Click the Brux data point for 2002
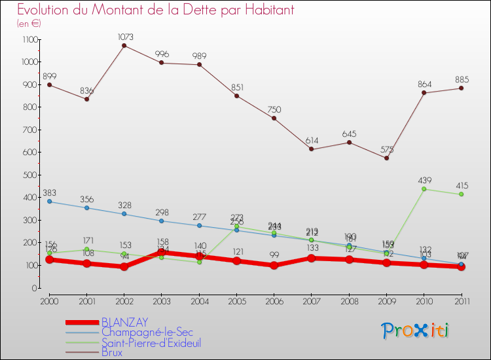tap(124, 45)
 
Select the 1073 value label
tap(124, 35)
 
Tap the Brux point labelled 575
tap(386, 158)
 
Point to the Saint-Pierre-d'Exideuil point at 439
tap(424, 189)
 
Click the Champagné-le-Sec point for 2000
tap(49, 202)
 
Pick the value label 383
tap(50, 193)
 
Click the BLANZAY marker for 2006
tap(274, 265)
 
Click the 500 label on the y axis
tap(30, 175)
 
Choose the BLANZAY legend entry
tap(124, 322)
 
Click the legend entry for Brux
tap(112, 353)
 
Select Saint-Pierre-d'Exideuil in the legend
tap(151, 343)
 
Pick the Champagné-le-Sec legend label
tap(147, 333)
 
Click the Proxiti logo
tap(414, 331)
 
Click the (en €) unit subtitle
tap(29, 24)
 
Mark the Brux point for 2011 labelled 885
tap(462, 88)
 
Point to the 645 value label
tap(349, 134)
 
